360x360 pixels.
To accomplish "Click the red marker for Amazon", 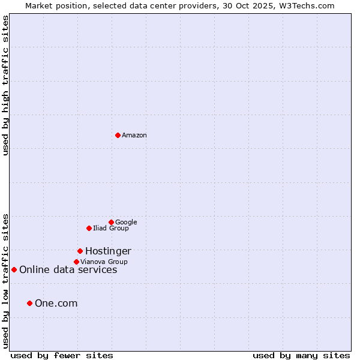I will pyautogui.click(x=118, y=135).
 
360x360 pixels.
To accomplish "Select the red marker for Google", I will pyautogui.click(x=111, y=222).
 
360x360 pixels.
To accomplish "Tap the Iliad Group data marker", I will pyautogui.click(x=89, y=228).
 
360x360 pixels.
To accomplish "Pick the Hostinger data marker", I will pyautogui.click(x=80, y=251).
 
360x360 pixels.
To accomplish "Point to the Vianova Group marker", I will pyautogui.click(x=76, y=262).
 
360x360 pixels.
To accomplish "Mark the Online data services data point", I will pyautogui.click(x=14, y=269).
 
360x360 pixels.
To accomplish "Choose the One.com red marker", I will pyautogui.click(x=29, y=303).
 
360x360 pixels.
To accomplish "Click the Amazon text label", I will pyautogui.click(x=134, y=136).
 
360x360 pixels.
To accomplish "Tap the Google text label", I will pyautogui.click(x=126, y=223).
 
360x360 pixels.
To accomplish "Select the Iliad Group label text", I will pyautogui.click(x=111, y=229).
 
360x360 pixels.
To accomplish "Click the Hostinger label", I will pyautogui.click(x=108, y=251).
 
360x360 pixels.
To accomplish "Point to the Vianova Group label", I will pyautogui.click(x=104, y=262).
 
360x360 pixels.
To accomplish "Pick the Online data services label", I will pyautogui.click(x=68, y=270).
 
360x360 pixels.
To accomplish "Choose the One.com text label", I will pyautogui.click(x=56, y=304).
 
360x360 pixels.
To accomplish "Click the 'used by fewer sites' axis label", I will pyautogui.click(x=62, y=355).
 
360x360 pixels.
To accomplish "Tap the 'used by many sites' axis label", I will pyautogui.click(x=301, y=355).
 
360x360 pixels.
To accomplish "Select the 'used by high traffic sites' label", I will pyautogui.click(x=6, y=86).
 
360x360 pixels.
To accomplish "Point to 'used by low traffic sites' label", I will pyautogui.click(x=6, y=280).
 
